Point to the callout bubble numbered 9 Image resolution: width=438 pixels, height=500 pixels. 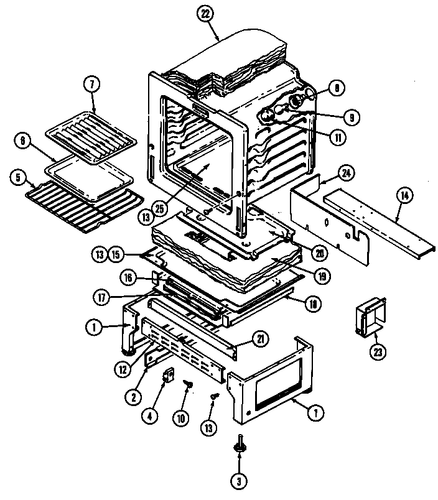point(352,116)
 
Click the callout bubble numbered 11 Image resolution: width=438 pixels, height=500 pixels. point(337,137)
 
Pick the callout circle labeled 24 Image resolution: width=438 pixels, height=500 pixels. point(347,172)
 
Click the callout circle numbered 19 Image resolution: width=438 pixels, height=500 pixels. point(323,273)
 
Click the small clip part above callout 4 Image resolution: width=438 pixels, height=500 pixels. point(167,376)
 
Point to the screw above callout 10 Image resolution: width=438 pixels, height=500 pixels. point(185,387)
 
